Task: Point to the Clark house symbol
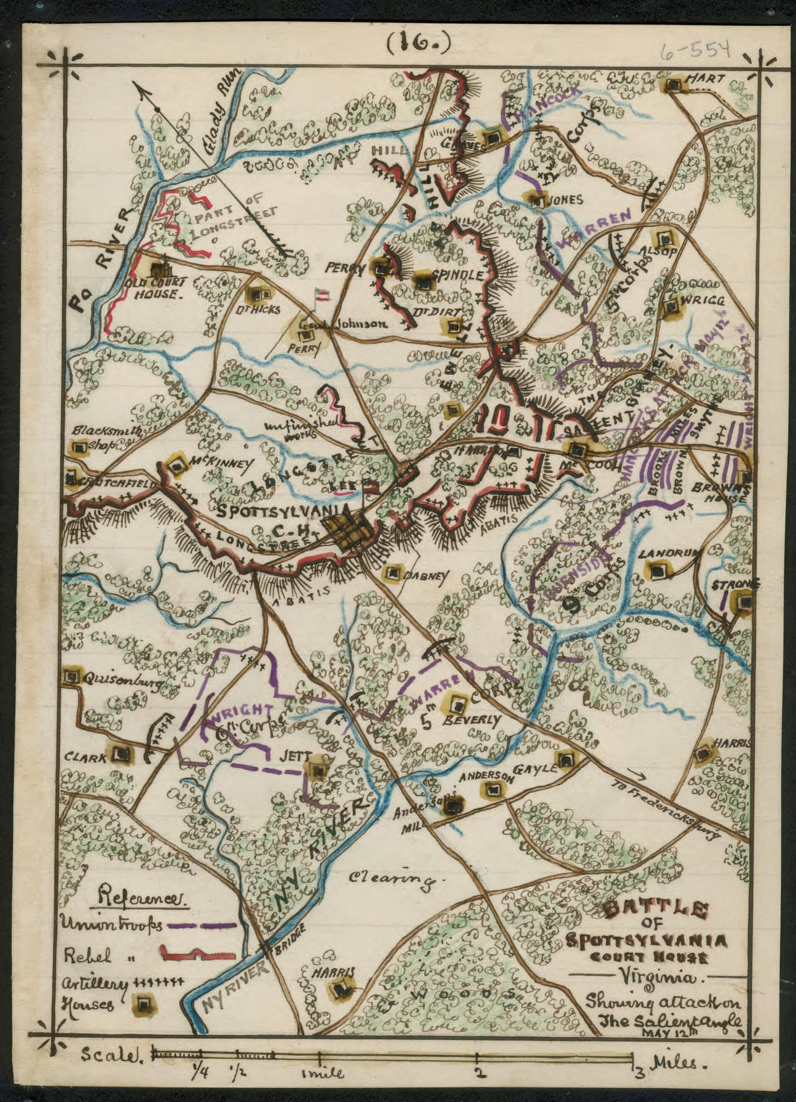pos(123,755)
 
